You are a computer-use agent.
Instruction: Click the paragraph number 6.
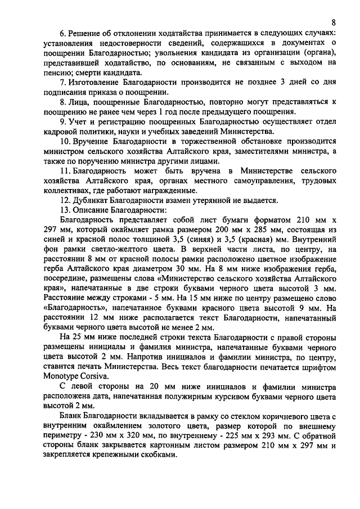[62, 35]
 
